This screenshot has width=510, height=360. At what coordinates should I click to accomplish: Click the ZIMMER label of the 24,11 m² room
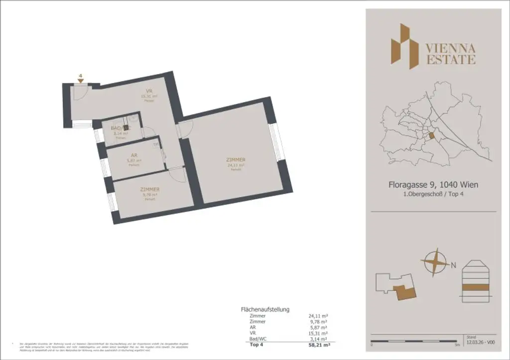pos(236,160)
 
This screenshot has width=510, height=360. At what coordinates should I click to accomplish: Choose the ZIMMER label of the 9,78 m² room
pos(149,190)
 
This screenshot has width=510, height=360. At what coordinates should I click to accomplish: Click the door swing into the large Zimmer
pos(184,128)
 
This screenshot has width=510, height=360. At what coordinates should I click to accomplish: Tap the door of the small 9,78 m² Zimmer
pos(176,173)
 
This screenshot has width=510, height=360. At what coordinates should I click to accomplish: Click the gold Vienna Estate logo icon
pos(403,46)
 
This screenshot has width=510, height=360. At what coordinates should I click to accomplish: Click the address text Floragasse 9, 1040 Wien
pos(433,185)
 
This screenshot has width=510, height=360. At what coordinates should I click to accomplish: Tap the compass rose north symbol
pos(434,262)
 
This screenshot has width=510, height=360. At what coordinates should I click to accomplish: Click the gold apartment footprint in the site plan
pos(404,292)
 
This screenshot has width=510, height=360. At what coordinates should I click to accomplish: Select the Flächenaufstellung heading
pos(265,309)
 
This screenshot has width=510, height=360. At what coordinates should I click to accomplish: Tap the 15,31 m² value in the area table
pos(318,333)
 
